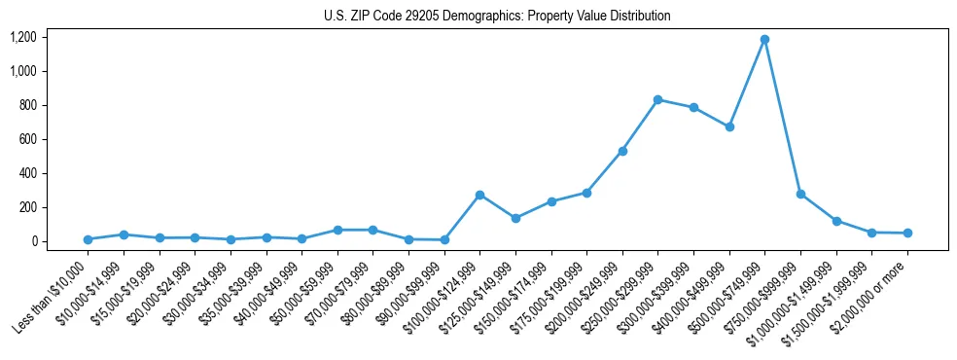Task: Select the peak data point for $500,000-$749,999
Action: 765,40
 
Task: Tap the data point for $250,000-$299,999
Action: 658,99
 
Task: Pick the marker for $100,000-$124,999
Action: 479,195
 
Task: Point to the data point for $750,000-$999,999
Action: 800,194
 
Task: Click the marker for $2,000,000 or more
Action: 907,233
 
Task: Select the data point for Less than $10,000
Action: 88,239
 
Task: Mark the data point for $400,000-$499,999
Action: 729,126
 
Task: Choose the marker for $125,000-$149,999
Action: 515,218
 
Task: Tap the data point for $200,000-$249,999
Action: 622,151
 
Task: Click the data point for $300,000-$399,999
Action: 693,107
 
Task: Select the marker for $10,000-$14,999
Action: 124,234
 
